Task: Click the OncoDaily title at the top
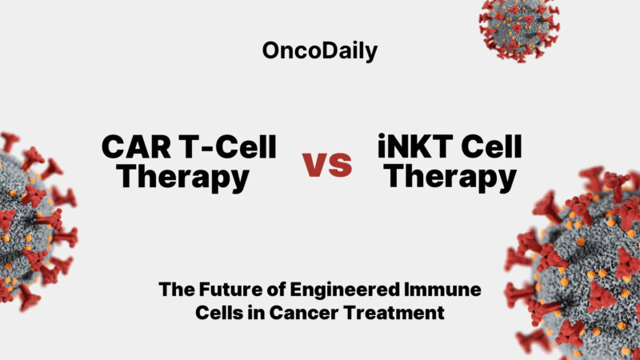(x=320, y=51)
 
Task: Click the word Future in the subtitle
(x=223, y=290)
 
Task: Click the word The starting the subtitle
(x=174, y=290)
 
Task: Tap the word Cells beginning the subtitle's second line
(x=222, y=313)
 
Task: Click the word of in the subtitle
(x=268, y=290)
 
